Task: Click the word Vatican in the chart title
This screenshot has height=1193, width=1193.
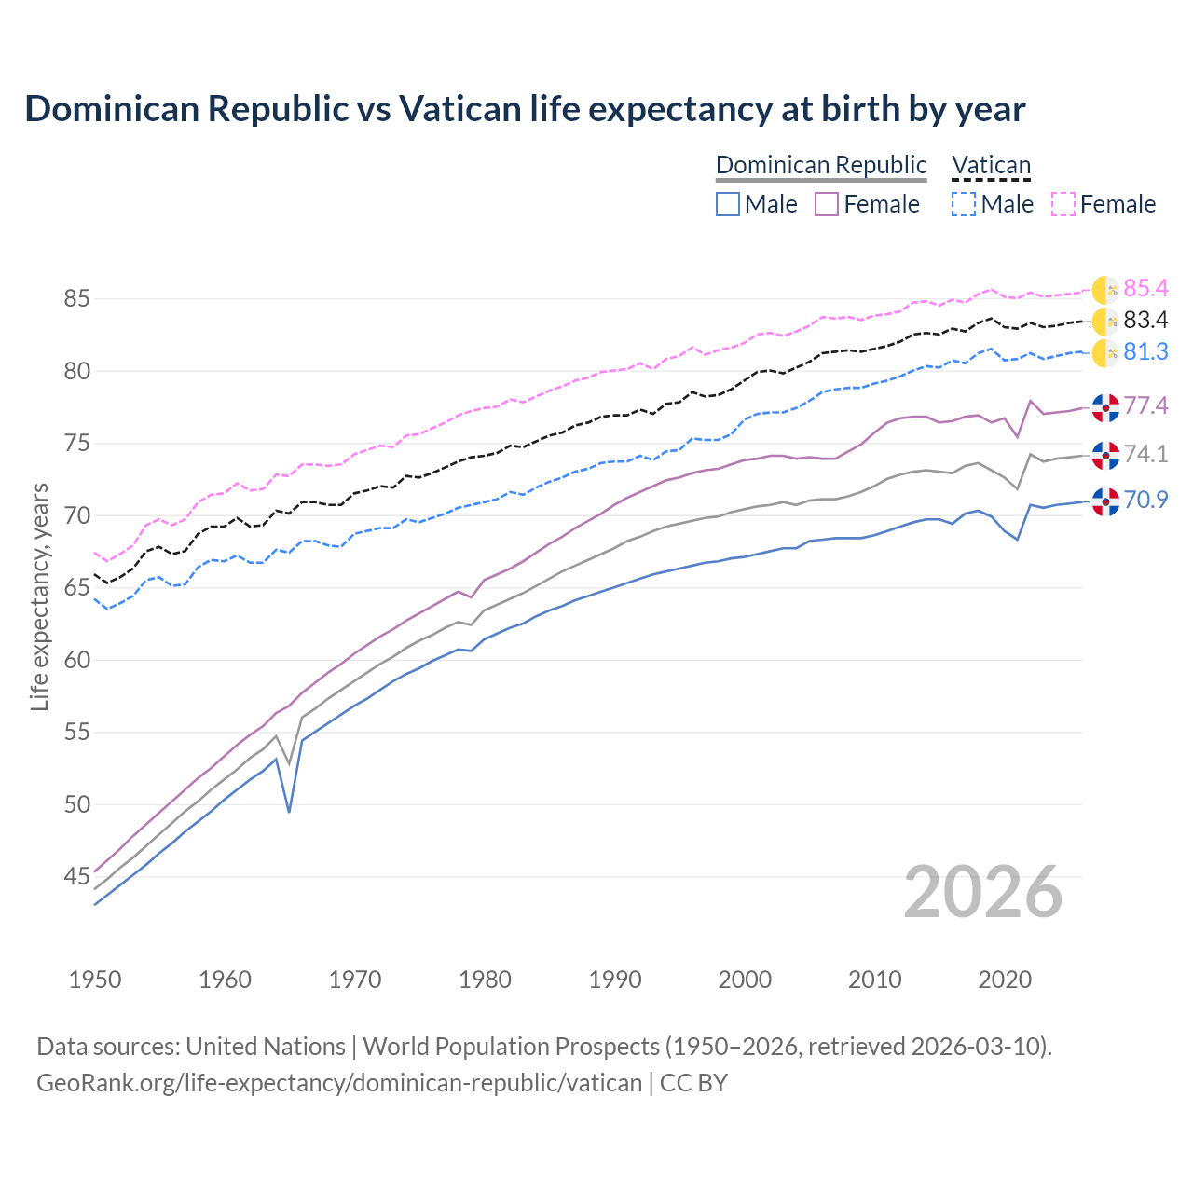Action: (x=459, y=109)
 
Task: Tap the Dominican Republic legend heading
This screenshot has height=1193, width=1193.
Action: (x=821, y=165)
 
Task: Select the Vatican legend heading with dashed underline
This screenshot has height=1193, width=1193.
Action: (x=991, y=165)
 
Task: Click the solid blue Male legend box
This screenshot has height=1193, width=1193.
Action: (x=728, y=204)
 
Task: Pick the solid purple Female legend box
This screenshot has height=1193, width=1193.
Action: (x=827, y=204)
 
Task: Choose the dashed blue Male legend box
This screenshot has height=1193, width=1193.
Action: (x=964, y=204)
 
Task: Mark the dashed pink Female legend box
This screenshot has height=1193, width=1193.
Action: (x=1063, y=204)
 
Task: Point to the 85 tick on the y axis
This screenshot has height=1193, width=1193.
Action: (x=76, y=299)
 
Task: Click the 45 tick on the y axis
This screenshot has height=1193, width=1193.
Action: (x=76, y=876)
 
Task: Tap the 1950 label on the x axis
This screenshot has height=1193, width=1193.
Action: (x=95, y=980)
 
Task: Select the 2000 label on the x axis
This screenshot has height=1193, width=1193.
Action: (x=745, y=980)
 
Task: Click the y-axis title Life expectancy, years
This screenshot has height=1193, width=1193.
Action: (x=39, y=596)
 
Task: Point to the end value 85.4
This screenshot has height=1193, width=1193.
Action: (x=1145, y=289)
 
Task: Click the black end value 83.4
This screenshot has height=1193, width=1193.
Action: (x=1145, y=321)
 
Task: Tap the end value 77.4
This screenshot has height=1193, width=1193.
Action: (x=1145, y=405)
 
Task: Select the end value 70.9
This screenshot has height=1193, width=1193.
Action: (x=1145, y=501)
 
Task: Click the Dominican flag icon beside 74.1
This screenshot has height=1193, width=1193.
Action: (x=1104, y=455)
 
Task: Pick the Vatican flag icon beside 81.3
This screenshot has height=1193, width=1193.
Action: (x=1104, y=353)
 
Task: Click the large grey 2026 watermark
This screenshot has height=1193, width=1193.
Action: (x=983, y=892)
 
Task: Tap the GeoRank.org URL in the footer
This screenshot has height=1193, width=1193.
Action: (x=339, y=1083)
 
